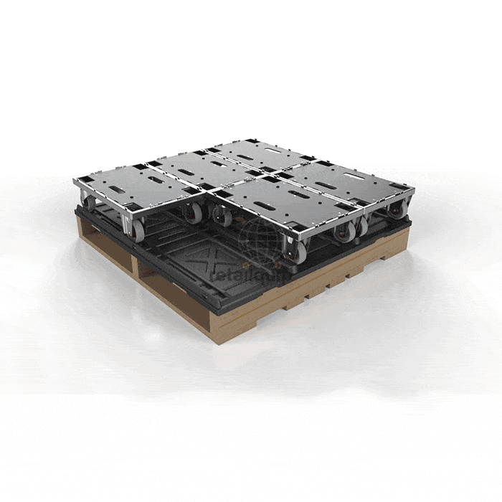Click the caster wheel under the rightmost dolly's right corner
pyautogui.click(x=397, y=209)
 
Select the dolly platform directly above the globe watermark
pyautogui.click(x=273, y=197)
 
